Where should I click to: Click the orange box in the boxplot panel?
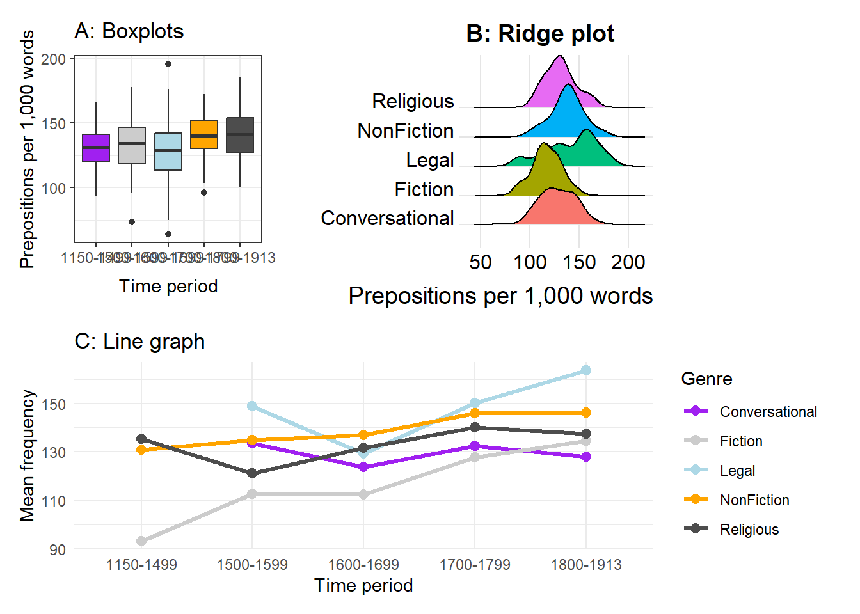pos(204,134)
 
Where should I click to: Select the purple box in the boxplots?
pos(96,148)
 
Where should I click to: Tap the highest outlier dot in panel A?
pos(168,64)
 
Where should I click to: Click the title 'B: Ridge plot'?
pos(540,34)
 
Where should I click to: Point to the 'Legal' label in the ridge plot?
pos(430,160)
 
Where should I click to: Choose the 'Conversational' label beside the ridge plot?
pos(387,218)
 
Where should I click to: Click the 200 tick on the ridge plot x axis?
pos(628,262)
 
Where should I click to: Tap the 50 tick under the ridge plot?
pos(481,262)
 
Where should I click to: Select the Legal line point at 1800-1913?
pos(586,370)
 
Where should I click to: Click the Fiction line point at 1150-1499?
pos(141,541)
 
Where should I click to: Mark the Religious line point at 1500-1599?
pos(252,473)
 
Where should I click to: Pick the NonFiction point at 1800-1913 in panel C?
pos(586,413)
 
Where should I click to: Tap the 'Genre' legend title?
pos(706,379)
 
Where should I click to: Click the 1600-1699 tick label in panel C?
pos(363,565)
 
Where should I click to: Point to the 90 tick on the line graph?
pos(58,549)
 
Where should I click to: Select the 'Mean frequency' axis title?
pos(27,455)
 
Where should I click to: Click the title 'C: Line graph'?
pos(139,342)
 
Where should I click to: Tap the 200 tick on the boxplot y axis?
pos(54,59)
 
